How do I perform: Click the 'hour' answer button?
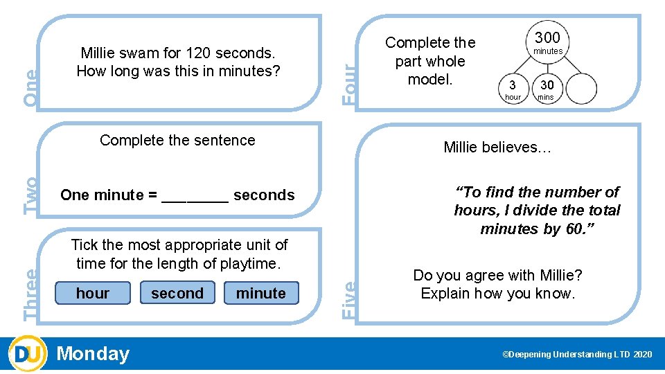[92, 293]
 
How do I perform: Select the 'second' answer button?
[177, 293]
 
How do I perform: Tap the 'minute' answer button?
[260, 293]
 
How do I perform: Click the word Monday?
[93, 354]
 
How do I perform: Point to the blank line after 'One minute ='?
[195, 197]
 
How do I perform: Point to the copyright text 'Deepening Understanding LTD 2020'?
[577, 355]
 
